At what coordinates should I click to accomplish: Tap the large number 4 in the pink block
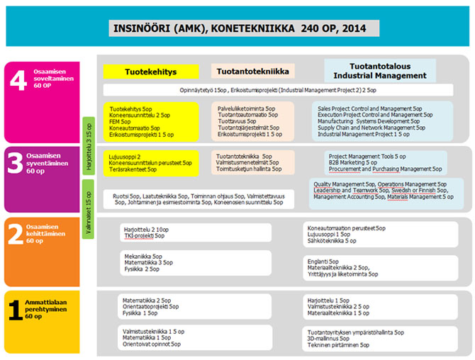(x=17, y=83)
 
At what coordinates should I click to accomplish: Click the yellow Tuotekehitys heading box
(x=150, y=72)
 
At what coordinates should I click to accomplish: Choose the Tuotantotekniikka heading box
(x=252, y=71)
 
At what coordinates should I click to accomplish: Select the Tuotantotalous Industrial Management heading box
(x=380, y=69)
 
